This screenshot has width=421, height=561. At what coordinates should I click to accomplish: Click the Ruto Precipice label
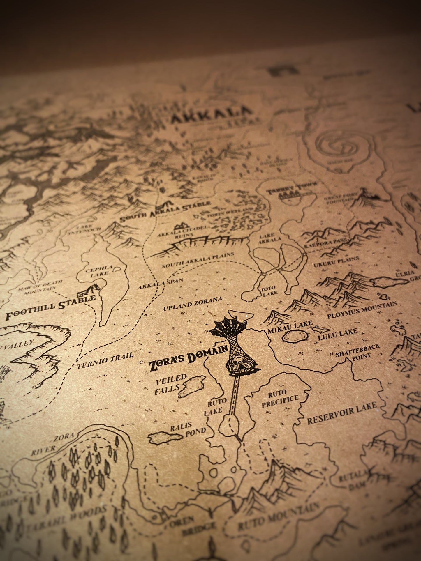[280, 399]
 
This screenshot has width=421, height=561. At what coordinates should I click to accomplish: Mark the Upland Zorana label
[193, 304]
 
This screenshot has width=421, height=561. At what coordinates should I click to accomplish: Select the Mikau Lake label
[290, 326]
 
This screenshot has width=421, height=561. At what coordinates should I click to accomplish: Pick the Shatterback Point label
[358, 352]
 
